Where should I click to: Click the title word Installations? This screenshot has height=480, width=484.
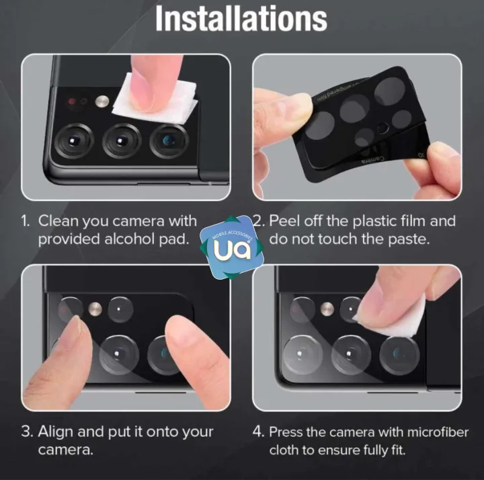tap(241, 19)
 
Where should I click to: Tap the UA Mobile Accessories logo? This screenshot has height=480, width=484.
tap(232, 247)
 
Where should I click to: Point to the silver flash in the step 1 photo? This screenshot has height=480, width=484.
tap(102, 102)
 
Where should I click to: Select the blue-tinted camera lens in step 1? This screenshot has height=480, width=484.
tap(169, 141)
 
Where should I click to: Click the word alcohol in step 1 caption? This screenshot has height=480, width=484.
tap(130, 239)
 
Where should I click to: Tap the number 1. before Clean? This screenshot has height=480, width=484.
tap(26, 221)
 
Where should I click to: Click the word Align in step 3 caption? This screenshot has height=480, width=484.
tap(56, 432)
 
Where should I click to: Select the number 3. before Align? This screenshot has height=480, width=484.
tap(27, 432)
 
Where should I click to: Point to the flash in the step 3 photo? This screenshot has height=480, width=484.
tap(95, 309)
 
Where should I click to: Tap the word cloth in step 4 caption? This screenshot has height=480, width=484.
tap(284, 450)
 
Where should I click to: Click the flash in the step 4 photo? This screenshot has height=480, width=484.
tap(327, 309)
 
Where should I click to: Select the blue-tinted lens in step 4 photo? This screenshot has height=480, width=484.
tap(399, 355)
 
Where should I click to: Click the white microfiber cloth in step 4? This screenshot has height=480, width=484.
tap(398, 321)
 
